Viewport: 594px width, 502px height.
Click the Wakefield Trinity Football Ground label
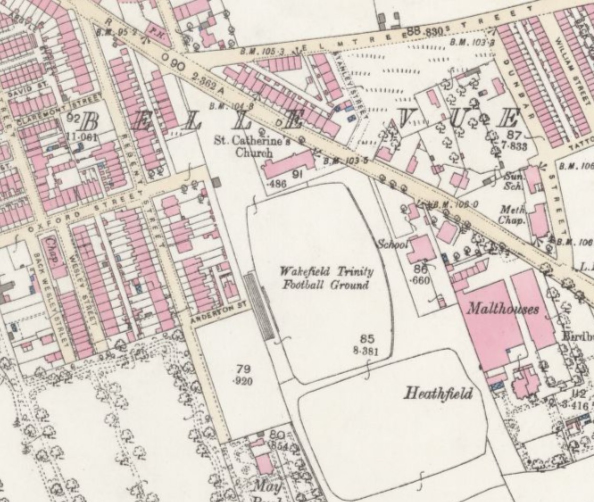(x=326, y=278)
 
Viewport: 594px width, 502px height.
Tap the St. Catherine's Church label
(x=253, y=147)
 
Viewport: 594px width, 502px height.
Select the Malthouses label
(x=502, y=309)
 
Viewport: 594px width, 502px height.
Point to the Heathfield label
(x=438, y=393)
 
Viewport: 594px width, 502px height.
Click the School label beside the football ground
(x=393, y=244)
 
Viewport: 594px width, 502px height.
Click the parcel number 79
(x=243, y=369)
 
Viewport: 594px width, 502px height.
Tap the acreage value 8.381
(x=366, y=351)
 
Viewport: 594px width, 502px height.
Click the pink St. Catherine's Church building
(x=288, y=166)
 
